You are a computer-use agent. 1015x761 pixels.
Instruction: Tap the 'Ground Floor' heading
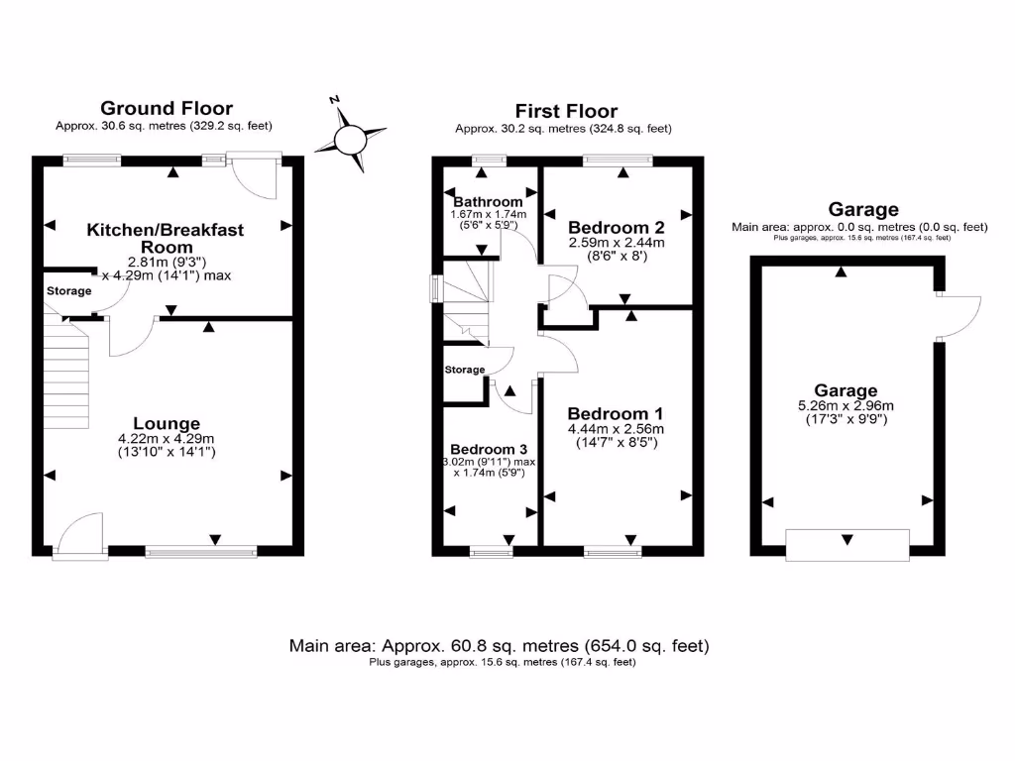(x=167, y=108)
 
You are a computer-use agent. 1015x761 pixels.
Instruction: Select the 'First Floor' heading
(x=566, y=111)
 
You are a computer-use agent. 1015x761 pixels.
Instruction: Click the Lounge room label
(x=167, y=423)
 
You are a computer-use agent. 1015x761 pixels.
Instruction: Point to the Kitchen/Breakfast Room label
(x=166, y=238)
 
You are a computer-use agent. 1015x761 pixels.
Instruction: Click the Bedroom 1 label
(x=615, y=413)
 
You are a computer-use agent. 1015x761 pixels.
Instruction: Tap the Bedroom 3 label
(x=489, y=449)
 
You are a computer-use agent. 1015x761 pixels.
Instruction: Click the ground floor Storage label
(x=68, y=291)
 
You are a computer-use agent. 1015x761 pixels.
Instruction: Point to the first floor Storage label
(x=465, y=370)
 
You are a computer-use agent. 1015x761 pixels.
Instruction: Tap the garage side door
(x=957, y=317)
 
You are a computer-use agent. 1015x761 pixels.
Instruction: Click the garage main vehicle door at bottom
(x=846, y=544)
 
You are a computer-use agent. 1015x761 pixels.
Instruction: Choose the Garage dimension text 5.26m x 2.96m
(x=846, y=405)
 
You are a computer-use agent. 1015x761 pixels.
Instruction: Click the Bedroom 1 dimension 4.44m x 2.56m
(x=615, y=429)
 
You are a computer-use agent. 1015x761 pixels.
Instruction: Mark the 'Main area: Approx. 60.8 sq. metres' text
(x=499, y=646)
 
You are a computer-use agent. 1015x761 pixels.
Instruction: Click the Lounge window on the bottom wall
(x=200, y=551)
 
